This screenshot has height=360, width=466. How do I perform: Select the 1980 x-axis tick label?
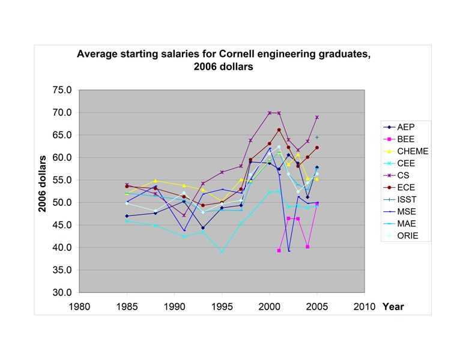click(79, 307)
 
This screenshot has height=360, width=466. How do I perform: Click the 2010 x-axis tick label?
click(365, 307)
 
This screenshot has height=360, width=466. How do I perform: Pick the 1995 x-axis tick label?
click(222, 307)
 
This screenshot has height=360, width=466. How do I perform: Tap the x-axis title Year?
click(393, 307)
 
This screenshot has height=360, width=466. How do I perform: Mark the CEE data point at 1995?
click(222, 252)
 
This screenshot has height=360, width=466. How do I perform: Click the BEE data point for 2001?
click(279, 251)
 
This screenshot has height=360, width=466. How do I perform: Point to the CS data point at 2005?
click(317, 117)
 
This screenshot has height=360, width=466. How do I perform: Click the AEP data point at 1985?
click(127, 216)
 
